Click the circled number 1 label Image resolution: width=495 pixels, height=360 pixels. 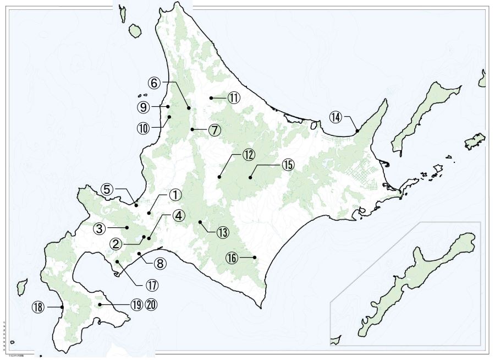click(x=174, y=195)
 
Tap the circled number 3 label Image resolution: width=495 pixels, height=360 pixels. click(x=99, y=228)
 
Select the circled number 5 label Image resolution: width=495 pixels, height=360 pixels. click(x=107, y=189)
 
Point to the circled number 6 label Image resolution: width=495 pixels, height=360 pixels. click(x=155, y=83)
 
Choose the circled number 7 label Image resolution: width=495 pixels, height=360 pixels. click(x=214, y=130)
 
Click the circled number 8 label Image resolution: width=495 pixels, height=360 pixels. click(x=160, y=264)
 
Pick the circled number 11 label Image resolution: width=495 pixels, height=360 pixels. click(x=234, y=98)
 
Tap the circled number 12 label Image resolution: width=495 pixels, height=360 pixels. click(x=248, y=154)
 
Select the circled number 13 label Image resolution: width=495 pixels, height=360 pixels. click(x=222, y=232)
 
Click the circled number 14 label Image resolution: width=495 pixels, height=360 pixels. click(x=336, y=117)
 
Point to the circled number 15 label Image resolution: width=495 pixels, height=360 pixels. click(x=288, y=165)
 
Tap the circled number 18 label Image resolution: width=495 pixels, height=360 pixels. click(x=38, y=308)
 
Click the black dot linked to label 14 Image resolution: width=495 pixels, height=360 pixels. click(x=357, y=131)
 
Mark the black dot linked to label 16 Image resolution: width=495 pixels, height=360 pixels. click(x=255, y=257)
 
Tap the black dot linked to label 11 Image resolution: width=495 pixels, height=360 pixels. click(x=211, y=98)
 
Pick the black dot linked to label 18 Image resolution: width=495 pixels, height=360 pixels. click(x=62, y=307)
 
